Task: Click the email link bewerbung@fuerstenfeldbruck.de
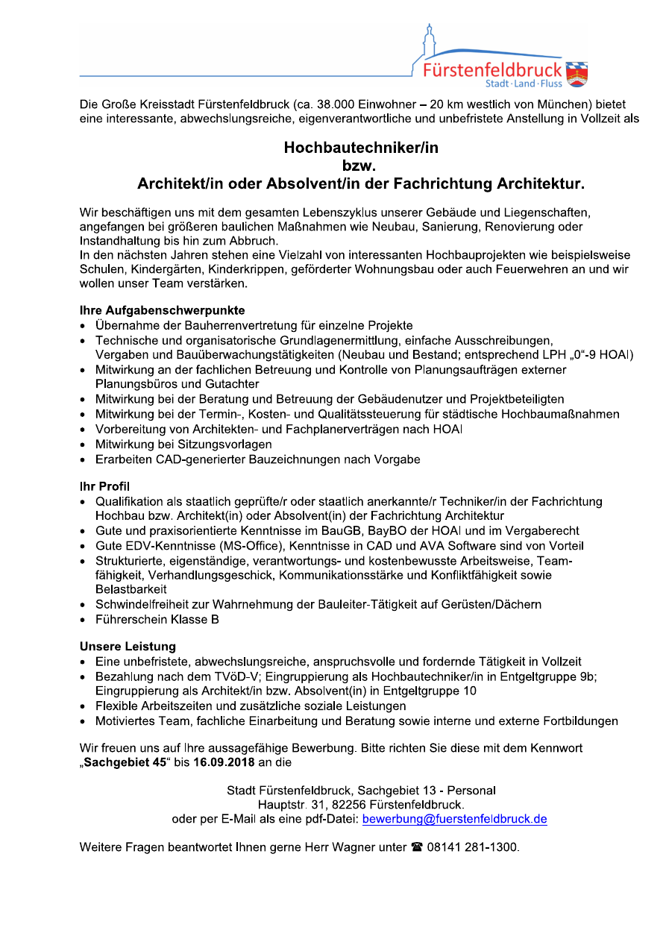454,819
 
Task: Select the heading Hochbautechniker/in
361,148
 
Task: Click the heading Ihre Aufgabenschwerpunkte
163,310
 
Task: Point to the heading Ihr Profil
105,486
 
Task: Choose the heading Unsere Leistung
128,646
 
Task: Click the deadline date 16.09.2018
224,762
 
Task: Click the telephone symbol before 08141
417,847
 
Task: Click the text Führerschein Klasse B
157,619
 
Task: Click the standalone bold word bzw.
361,166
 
